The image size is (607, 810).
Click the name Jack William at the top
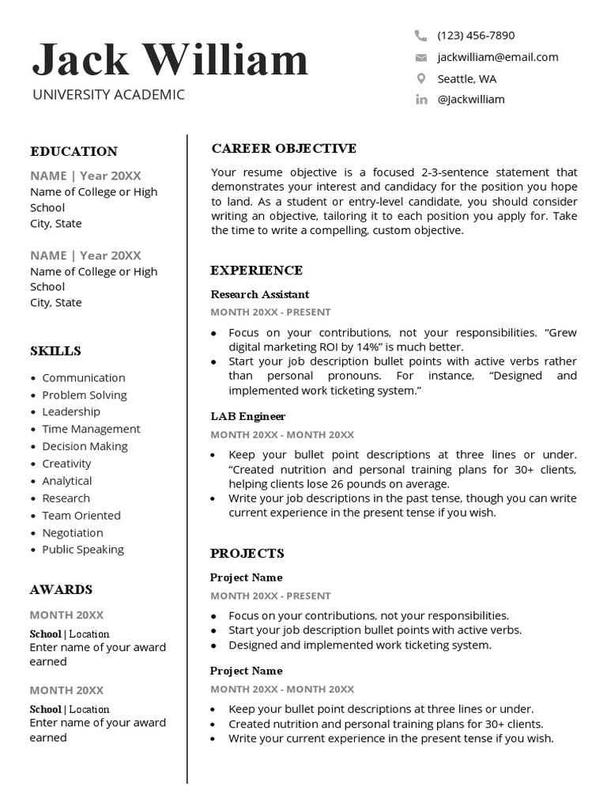pos(170,60)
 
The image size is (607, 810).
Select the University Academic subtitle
pos(108,95)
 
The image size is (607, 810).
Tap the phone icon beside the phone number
pos(420,36)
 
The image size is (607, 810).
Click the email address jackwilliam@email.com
pos(498,57)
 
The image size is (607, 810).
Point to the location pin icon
pos(420,78)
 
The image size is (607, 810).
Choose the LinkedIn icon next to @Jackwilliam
pos(420,100)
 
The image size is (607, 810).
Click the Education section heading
pos(74,151)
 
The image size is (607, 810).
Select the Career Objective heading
pos(284,149)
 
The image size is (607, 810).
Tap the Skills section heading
pos(55,350)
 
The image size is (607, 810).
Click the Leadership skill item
pos(71,412)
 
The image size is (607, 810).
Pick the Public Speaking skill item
pos(83,550)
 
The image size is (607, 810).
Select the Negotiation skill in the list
pos(73,533)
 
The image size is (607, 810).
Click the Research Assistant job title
pos(259,294)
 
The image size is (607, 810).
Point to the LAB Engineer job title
pos(247,416)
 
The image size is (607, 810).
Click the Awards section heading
pos(61,589)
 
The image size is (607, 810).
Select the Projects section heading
pos(247,553)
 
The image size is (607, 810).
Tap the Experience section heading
pos(256,271)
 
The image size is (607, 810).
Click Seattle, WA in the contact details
pos(467,78)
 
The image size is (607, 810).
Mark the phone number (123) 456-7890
pos(476,36)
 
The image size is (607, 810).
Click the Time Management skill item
pos(91,430)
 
